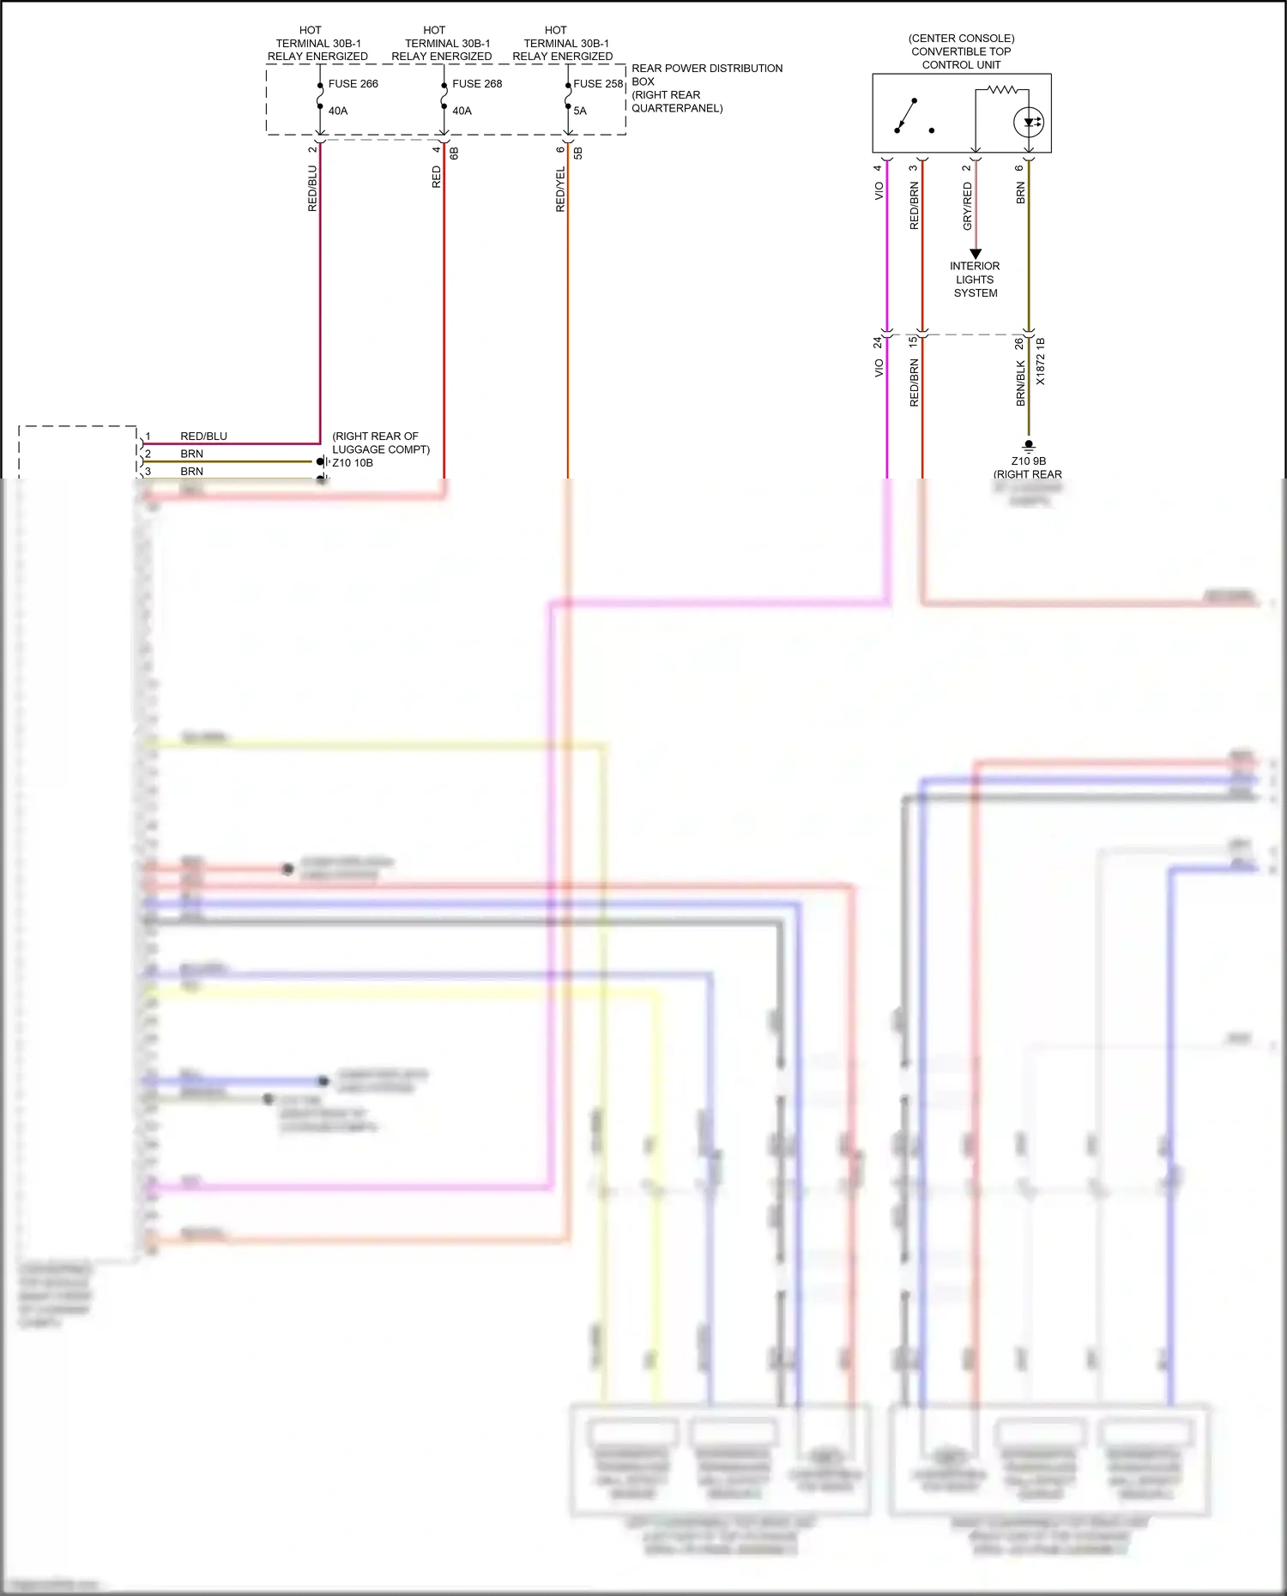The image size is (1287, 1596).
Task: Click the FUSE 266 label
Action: pyautogui.click(x=353, y=84)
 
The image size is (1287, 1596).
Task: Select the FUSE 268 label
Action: pyautogui.click(x=477, y=84)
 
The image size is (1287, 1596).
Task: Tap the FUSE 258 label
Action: pyautogui.click(x=598, y=84)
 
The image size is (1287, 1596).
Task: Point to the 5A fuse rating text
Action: pyautogui.click(x=580, y=111)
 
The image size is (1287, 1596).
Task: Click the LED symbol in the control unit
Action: pyautogui.click(x=1028, y=123)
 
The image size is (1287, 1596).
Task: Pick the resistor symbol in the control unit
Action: pyautogui.click(x=1002, y=89)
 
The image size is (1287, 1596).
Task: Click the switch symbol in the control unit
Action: pyautogui.click(x=906, y=116)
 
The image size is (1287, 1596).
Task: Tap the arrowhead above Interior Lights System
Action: pyautogui.click(x=976, y=254)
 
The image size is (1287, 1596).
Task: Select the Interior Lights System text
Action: pyautogui.click(x=976, y=280)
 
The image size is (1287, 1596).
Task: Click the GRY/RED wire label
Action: pyautogui.click(x=968, y=206)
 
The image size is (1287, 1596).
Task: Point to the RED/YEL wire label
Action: pyautogui.click(x=560, y=190)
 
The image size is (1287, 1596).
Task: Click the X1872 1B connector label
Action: pyautogui.click(x=1041, y=361)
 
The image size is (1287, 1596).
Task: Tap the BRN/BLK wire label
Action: pyautogui.click(x=1021, y=382)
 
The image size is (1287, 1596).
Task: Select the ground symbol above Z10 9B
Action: pyautogui.click(x=1029, y=447)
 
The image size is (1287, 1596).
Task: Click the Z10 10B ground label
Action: pyautogui.click(x=353, y=463)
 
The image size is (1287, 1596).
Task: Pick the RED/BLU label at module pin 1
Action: pyautogui.click(x=203, y=437)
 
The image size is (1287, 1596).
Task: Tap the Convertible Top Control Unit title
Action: pyautogui.click(x=961, y=51)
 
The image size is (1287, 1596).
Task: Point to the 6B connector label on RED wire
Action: pyautogui.click(x=455, y=153)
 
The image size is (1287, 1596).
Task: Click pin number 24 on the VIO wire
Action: pyautogui.click(x=877, y=341)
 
